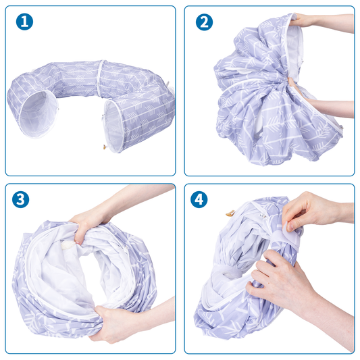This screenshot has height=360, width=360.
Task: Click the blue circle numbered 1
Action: point(24,22)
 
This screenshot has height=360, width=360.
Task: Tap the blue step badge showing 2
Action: point(204,22)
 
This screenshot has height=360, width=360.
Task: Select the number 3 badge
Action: point(21,199)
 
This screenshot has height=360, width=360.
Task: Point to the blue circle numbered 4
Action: point(199,199)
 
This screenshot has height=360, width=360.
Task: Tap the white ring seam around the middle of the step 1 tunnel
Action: point(99,78)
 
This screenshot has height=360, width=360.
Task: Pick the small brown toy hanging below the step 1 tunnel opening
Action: point(105,147)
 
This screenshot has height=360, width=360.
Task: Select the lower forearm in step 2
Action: point(330,109)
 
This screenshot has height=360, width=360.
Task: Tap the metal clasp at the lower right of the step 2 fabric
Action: point(340,127)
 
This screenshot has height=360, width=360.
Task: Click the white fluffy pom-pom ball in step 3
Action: point(68,245)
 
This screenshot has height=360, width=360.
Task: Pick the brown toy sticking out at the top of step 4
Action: point(230,213)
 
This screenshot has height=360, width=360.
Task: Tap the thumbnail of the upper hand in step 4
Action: point(290,228)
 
